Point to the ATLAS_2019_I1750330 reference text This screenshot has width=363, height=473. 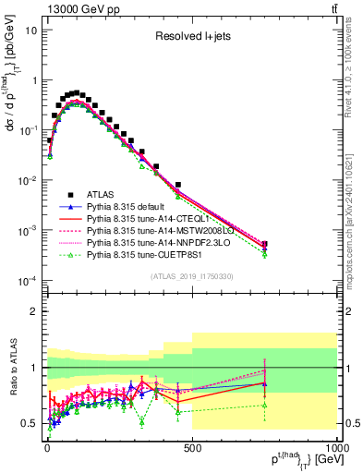tap(191, 276)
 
